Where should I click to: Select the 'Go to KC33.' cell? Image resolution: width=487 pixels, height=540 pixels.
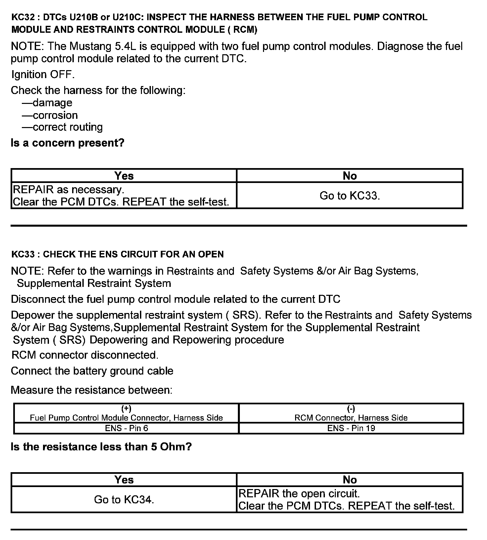coord(350,196)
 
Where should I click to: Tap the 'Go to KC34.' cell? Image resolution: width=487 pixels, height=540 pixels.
coord(124,499)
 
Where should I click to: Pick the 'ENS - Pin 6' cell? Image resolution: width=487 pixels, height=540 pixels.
coord(126,428)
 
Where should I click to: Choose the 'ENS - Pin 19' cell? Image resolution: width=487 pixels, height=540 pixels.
coord(351,428)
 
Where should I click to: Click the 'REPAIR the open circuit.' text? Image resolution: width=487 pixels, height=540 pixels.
coord(299,493)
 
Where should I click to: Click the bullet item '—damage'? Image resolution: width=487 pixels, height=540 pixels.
coord(47,103)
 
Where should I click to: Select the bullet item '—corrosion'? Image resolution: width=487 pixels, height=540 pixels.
coord(50,115)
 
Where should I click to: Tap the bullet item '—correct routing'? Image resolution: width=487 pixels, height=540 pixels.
coord(63,127)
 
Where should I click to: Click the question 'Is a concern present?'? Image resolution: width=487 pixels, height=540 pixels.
coord(67,143)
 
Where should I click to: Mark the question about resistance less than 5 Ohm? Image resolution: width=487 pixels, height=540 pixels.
coord(101,447)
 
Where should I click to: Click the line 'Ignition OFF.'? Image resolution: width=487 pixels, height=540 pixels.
coord(43,74)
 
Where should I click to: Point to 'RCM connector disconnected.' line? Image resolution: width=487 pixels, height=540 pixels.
coord(85,355)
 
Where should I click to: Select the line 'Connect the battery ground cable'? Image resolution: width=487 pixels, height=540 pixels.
coord(92,371)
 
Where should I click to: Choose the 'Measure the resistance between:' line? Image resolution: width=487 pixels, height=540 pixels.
coord(92,390)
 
